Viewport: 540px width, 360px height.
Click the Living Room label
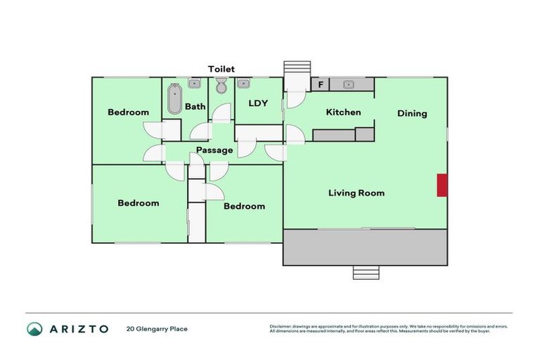[x=356, y=193]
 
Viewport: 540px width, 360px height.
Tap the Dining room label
[x=412, y=113]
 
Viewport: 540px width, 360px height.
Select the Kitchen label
[x=343, y=112]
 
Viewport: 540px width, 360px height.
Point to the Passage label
[x=214, y=150]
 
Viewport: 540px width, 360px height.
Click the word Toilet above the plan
[x=221, y=69]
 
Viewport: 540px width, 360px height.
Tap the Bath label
[x=195, y=107]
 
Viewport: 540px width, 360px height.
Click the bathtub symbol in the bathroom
[x=174, y=99]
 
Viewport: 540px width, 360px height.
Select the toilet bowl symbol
[x=221, y=86]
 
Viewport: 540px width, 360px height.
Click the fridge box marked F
[x=321, y=85]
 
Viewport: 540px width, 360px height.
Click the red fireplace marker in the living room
[x=442, y=185]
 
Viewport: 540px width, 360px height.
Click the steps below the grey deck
[x=365, y=272]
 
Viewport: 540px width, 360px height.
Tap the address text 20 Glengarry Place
[x=157, y=328]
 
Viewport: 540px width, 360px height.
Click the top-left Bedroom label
[x=128, y=112]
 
